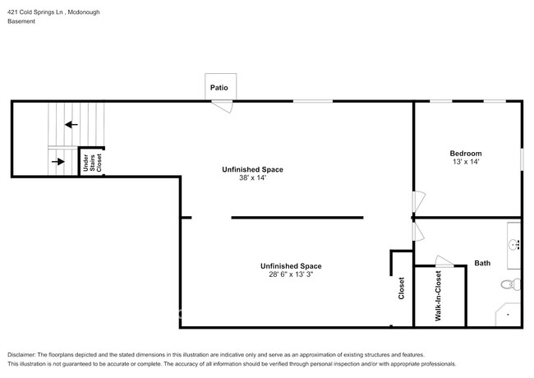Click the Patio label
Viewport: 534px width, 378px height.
click(x=219, y=87)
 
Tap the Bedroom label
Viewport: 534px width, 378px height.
click(x=465, y=154)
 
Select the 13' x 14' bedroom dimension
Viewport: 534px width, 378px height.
click(x=465, y=163)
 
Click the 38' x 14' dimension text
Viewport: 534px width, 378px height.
click(x=252, y=179)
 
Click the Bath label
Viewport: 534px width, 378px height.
click(x=482, y=264)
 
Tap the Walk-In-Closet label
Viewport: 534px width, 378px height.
click(x=439, y=296)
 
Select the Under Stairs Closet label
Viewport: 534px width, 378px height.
click(x=91, y=163)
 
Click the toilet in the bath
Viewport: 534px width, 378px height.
click(x=509, y=286)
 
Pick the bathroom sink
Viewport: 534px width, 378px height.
click(x=514, y=243)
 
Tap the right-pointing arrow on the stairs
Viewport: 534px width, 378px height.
click(x=58, y=161)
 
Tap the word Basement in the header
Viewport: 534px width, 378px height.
click(x=21, y=21)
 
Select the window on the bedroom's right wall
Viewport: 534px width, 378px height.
click(x=522, y=159)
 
